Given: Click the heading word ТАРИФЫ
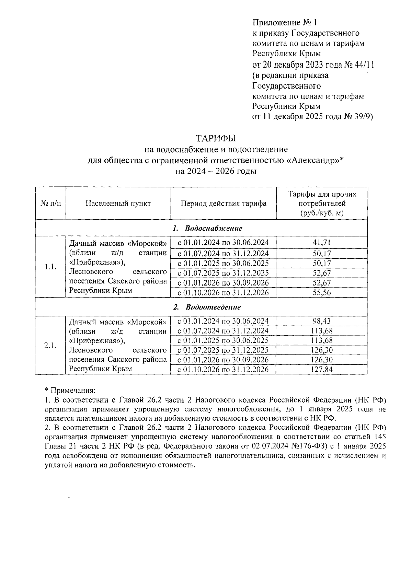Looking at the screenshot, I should pyautogui.click(x=216, y=138).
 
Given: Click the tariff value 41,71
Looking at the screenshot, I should pyautogui.click(x=322, y=243).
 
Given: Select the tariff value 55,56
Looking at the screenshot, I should pyautogui.click(x=322, y=293).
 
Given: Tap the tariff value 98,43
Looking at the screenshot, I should pyautogui.click(x=322, y=321).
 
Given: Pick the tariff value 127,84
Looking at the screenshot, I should pyautogui.click(x=322, y=370).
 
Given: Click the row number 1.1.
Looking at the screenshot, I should pyautogui.click(x=50, y=267).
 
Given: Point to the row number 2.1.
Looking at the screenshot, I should pyautogui.click(x=50, y=345).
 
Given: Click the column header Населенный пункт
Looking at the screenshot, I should pyautogui.click(x=118, y=203).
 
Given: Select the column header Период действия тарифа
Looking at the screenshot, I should pyautogui.click(x=224, y=203).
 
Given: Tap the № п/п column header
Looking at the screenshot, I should pyautogui.click(x=50, y=203).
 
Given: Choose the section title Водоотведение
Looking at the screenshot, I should pyautogui.click(x=213, y=307).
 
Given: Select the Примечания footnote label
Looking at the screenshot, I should pyautogui.click(x=72, y=391).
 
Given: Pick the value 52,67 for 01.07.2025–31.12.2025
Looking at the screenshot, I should pyautogui.click(x=322, y=273).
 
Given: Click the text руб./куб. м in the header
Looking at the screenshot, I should pyautogui.click(x=322, y=213).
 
